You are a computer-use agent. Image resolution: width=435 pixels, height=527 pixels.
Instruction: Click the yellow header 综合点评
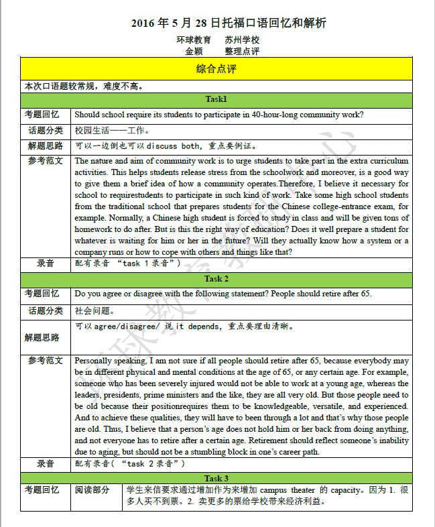216,69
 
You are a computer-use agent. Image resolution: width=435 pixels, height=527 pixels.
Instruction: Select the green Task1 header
216,99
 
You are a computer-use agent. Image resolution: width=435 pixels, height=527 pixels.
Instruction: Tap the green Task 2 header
216,279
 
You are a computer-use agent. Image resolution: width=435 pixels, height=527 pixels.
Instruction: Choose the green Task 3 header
216,478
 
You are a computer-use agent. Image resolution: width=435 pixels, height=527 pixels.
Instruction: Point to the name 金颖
194,52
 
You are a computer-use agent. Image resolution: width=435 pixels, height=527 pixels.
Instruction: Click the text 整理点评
242,52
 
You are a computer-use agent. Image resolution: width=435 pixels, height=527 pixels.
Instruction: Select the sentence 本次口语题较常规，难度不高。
84,86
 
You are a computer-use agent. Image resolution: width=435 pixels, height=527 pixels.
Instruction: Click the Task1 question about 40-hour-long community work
219,114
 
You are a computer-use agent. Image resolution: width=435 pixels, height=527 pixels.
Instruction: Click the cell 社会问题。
95,311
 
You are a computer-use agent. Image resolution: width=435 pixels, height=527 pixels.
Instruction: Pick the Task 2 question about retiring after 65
221,294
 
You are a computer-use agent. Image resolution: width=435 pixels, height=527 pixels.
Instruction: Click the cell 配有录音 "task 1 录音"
128,263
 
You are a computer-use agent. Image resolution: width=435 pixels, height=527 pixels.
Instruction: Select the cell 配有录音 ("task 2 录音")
130,463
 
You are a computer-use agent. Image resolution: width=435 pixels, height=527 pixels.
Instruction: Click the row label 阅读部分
91,491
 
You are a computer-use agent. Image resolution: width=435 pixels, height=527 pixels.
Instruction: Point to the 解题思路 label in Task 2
44,338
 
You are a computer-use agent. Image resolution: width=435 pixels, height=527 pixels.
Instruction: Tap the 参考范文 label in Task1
46,161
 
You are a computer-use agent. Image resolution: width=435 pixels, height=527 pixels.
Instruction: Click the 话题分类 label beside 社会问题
46,310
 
